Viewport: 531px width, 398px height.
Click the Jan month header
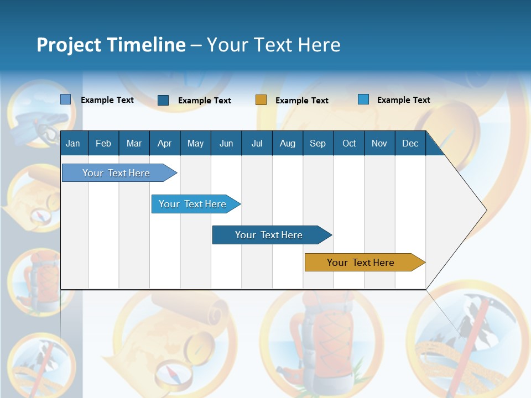pyautogui.click(x=73, y=144)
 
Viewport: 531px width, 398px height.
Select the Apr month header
pyautogui.click(x=165, y=144)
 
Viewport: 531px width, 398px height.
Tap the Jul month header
pyautogui.click(x=257, y=144)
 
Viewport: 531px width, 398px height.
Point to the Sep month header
pyautogui.click(x=317, y=144)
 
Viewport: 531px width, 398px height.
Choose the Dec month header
pyautogui.click(x=410, y=144)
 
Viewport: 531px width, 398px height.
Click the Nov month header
pyautogui.click(x=379, y=144)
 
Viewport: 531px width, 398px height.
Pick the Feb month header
pyautogui.click(x=103, y=144)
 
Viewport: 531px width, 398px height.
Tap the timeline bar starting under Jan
pyautogui.click(x=117, y=173)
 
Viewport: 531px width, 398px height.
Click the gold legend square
pyautogui.click(x=261, y=100)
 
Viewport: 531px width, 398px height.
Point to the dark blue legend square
pyautogui.click(x=163, y=100)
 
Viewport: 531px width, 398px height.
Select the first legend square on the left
pyautogui.click(x=66, y=99)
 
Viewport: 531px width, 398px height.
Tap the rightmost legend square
pyautogui.click(x=363, y=99)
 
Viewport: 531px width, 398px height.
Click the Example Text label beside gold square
pyautogui.click(x=301, y=101)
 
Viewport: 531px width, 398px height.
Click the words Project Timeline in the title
pyautogui.click(x=111, y=45)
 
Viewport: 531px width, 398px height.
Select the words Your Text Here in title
pyautogui.click(x=274, y=45)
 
